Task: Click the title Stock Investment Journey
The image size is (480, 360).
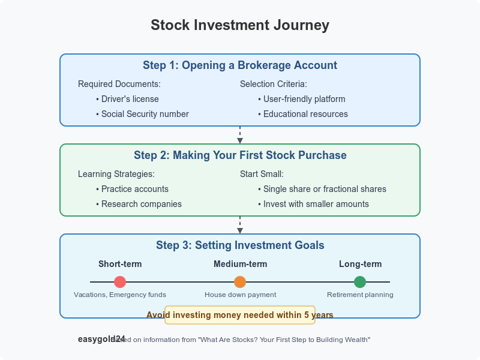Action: tap(240, 25)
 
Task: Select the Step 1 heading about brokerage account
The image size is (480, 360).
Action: tap(240, 65)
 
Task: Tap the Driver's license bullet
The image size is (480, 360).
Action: tap(130, 99)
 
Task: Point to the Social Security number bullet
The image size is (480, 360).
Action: tap(145, 114)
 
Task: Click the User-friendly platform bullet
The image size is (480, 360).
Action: tap(304, 99)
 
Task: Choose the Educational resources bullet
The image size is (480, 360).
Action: tap(305, 114)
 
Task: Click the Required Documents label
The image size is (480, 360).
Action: tap(119, 84)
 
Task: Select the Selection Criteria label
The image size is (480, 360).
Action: tap(274, 84)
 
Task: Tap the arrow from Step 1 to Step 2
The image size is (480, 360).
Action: tap(240, 135)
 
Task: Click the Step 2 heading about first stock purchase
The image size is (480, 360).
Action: tap(240, 155)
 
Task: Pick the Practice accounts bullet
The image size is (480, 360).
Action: tap(135, 189)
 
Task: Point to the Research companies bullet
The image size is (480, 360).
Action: tap(141, 204)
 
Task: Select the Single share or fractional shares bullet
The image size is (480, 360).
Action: tap(325, 189)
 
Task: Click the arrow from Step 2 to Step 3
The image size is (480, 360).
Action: tap(240, 225)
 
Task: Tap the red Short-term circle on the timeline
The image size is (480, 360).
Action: tap(120, 282)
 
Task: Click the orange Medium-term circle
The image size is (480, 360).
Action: tap(240, 282)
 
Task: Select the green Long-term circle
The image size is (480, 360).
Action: tap(360, 282)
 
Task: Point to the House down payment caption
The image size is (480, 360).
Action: tap(240, 295)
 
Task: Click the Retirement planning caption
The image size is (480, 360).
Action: tap(360, 295)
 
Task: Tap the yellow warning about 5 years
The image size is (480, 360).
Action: tap(240, 314)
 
